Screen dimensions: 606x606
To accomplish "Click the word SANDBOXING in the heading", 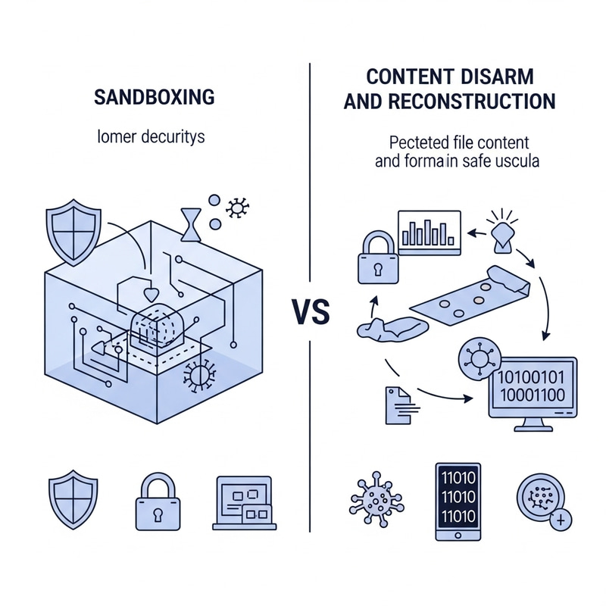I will (x=154, y=98).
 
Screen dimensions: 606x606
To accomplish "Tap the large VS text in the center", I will (x=310, y=312).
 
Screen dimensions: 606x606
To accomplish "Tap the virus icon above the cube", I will (x=239, y=206).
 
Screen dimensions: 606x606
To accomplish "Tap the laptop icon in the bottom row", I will (x=243, y=501).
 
